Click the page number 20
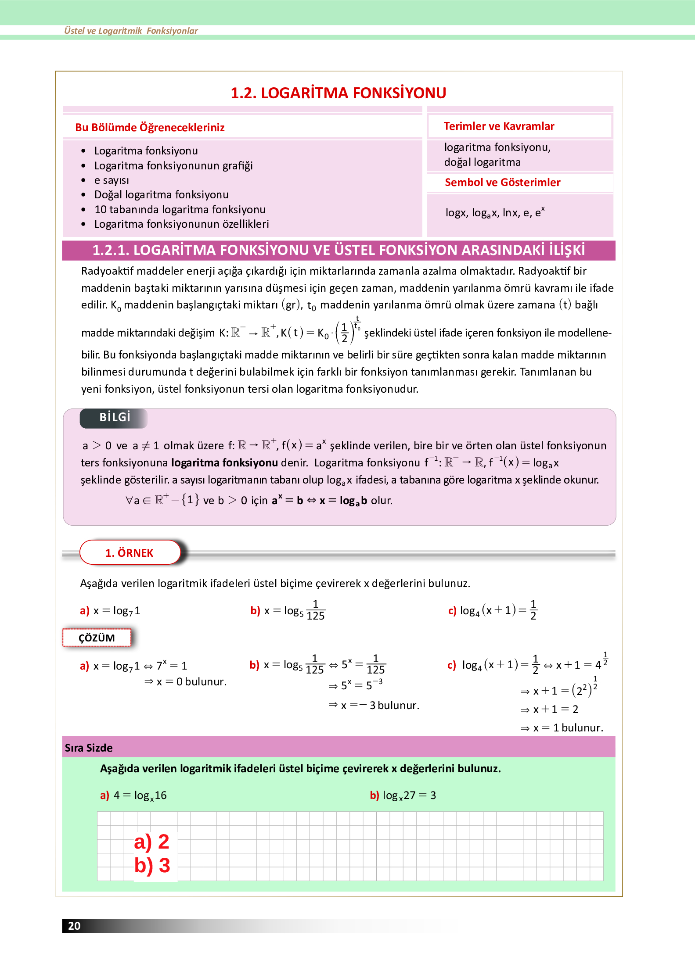point(74,926)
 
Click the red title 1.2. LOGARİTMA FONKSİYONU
point(338,93)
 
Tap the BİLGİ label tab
point(114,417)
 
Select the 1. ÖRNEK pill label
point(130,553)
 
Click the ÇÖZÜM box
point(97,638)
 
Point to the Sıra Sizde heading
point(89,748)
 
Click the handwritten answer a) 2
point(152,842)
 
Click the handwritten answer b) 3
point(152,866)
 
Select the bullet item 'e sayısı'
point(112,180)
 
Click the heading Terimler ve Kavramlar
point(499,126)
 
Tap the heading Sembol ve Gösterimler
point(502,183)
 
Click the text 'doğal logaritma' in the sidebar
point(482,162)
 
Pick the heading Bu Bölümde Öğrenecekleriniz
point(150,128)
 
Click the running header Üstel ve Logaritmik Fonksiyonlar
point(131,31)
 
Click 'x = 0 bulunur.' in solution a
point(191,682)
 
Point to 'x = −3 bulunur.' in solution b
point(380,706)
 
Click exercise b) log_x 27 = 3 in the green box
point(403,795)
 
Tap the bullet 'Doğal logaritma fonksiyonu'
point(161,195)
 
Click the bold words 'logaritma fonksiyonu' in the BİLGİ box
point(224,463)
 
